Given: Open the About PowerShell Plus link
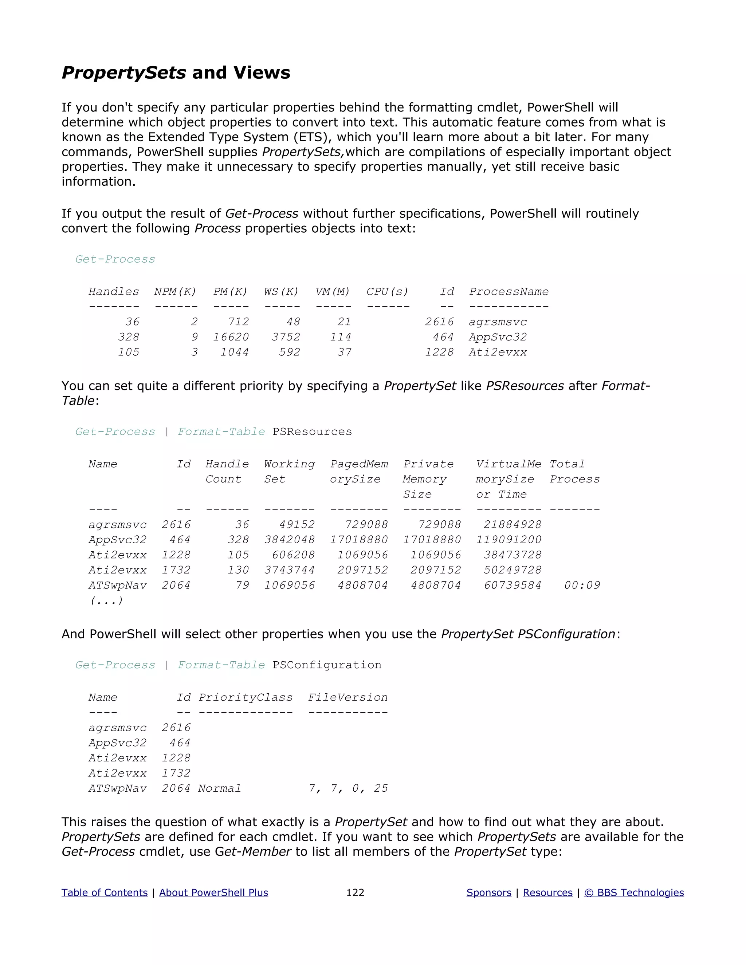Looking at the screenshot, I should click(213, 893).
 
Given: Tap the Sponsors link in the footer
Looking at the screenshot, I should click(489, 893).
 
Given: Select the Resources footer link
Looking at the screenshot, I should click(547, 893).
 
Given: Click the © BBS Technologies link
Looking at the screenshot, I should click(634, 893).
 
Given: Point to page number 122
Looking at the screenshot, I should click(355, 893).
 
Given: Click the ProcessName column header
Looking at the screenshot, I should click(509, 292).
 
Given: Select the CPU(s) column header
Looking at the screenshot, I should click(387, 292).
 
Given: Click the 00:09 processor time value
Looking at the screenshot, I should click(582, 586).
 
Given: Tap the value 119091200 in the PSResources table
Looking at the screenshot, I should click(509, 540).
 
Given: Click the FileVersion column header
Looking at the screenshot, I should click(348, 698).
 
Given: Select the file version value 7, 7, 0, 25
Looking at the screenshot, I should click(348, 789).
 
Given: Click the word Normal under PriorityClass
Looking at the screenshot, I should click(220, 789).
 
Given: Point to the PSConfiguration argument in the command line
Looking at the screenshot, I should click(327, 665).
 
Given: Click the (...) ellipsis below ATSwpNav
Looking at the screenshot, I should click(106, 600).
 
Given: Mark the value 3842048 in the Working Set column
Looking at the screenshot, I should click(290, 540).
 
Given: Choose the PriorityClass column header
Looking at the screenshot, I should click(245, 698).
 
